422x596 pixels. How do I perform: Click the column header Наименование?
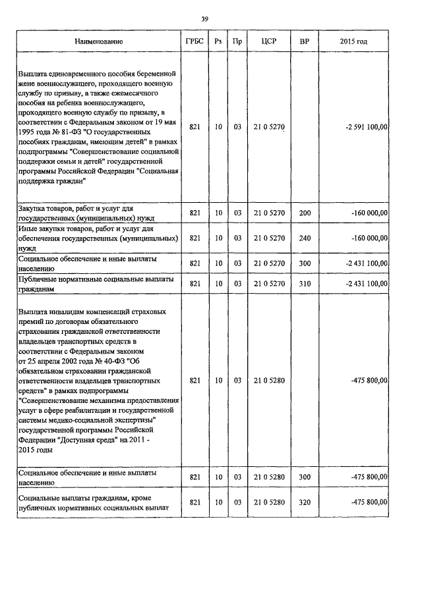point(99,41)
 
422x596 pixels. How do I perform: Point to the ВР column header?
point(305,41)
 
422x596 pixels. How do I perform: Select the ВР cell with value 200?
point(305,213)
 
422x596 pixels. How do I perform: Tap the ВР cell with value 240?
point(305,237)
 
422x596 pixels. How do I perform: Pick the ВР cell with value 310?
point(305,283)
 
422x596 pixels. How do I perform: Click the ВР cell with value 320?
point(305,502)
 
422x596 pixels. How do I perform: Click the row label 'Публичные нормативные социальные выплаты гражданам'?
point(96,283)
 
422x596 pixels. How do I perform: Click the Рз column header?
point(218,41)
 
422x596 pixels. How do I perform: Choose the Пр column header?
point(237,41)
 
